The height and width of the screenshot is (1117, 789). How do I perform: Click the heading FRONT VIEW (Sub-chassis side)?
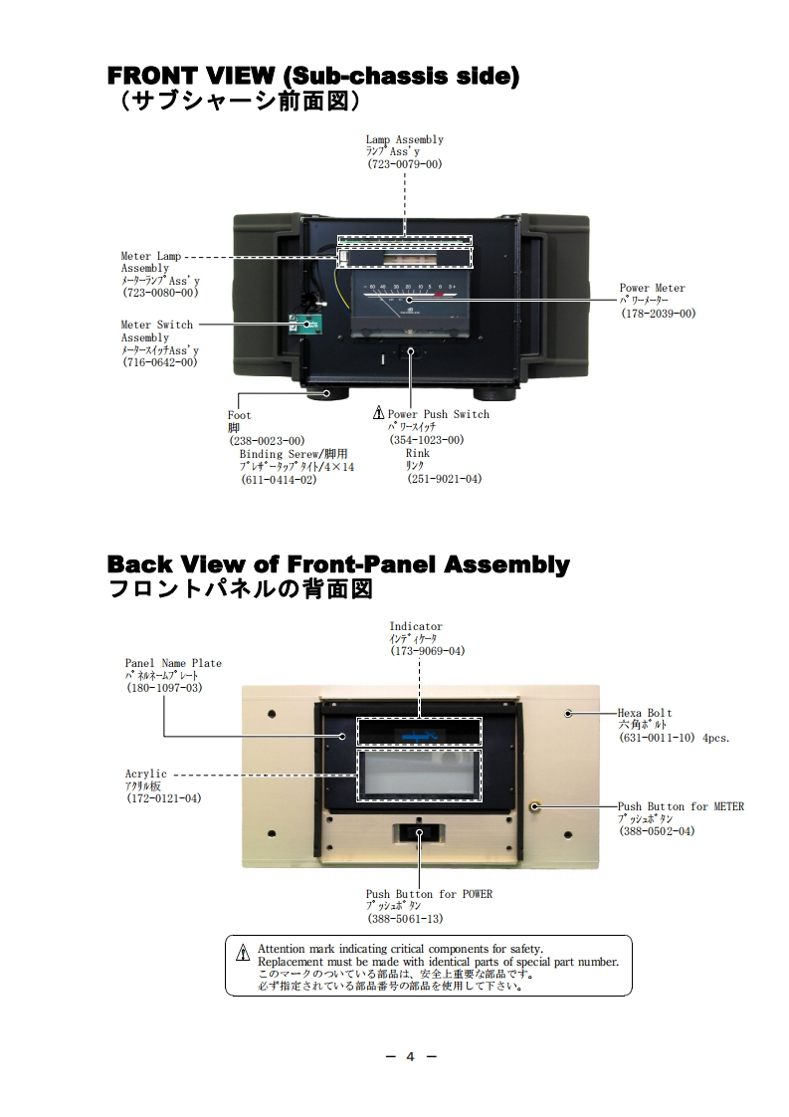click(x=312, y=77)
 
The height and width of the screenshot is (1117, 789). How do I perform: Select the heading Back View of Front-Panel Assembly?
click(x=338, y=565)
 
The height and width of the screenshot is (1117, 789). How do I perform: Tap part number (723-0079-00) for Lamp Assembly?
click(x=404, y=164)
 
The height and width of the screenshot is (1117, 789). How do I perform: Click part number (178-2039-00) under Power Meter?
click(x=658, y=314)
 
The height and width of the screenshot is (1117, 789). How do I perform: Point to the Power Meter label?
click(x=653, y=289)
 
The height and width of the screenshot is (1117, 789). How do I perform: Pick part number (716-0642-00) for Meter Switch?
click(x=159, y=362)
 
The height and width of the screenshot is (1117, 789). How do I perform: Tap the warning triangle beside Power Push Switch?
click(x=378, y=414)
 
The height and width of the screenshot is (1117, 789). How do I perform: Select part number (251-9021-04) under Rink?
click(x=444, y=479)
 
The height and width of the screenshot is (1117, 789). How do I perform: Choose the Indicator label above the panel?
click(x=416, y=627)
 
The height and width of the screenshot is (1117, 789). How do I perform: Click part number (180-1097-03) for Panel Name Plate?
click(x=163, y=688)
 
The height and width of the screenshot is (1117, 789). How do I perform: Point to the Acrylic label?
click(x=146, y=774)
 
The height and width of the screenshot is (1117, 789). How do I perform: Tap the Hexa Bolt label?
click(x=645, y=713)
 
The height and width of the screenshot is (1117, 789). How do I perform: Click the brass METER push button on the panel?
click(x=535, y=805)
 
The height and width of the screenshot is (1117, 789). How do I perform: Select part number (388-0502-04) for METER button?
click(x=657, y=831)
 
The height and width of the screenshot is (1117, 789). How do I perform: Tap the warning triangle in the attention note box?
click(x=243, y=954)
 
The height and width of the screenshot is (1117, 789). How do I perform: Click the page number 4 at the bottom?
click(x=410, y=1057)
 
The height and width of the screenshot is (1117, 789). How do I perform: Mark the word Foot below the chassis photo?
click(x=240, y=415)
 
